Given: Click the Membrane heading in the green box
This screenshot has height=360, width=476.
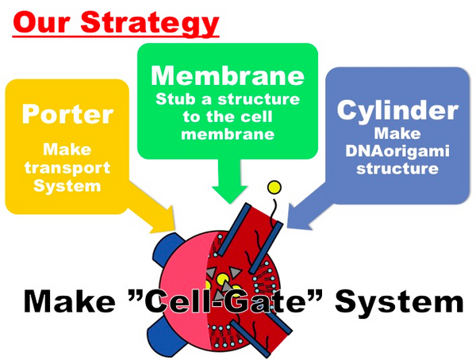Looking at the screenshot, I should click(x=228, y=77).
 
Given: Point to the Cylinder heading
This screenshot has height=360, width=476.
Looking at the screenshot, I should click(x=396, y=110).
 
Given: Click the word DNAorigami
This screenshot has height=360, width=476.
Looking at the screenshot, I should click(x=397, y=151).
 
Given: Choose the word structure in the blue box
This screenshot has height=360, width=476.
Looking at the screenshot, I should click(x=397, y=168).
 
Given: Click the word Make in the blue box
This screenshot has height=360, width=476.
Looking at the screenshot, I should click(x=397, y=135).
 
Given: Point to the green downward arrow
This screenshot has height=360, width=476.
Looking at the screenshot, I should click(x=227, y=178).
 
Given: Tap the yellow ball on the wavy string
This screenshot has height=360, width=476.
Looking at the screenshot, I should click(x=274, y=188).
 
